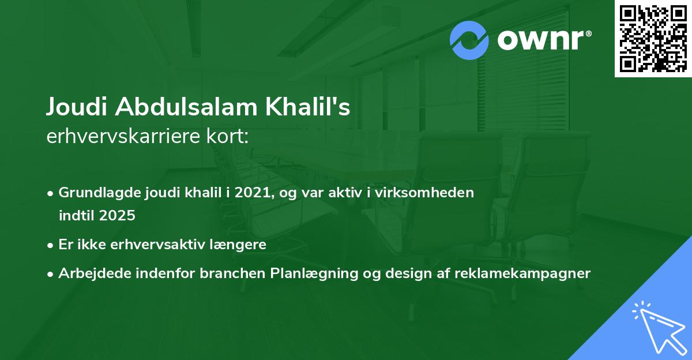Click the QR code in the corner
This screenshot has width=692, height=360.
tap(653, 38)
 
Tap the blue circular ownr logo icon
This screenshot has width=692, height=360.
tap(469, 40)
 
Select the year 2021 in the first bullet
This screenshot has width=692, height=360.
tap(253, 193)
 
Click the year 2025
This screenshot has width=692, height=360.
tap(116, 216)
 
